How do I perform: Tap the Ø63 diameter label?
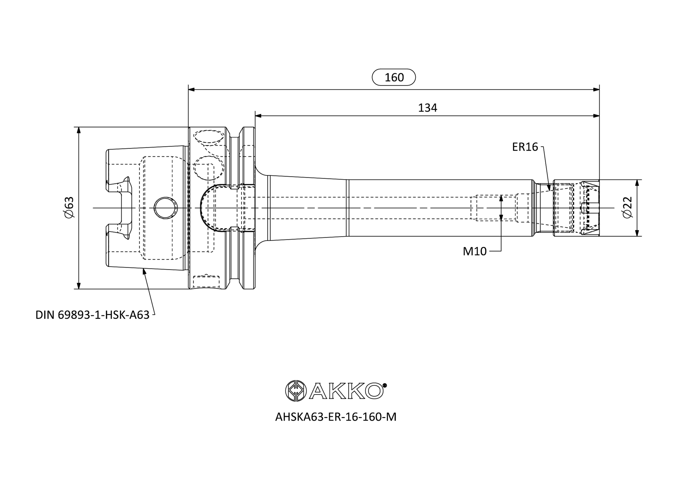click(69, 207)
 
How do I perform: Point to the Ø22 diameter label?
click(628, 207)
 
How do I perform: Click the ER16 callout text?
click(525, 147)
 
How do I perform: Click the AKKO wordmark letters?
click(346, 391)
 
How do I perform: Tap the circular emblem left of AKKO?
click(296, 391)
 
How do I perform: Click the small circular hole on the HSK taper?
click(166, 208)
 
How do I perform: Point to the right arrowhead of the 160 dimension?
click(596, 89)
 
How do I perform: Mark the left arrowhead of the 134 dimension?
click(258, 116)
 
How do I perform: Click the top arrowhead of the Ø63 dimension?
click(79, 130)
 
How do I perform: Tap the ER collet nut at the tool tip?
click(576, 208)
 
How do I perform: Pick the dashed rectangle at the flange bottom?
click(206, 282)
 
